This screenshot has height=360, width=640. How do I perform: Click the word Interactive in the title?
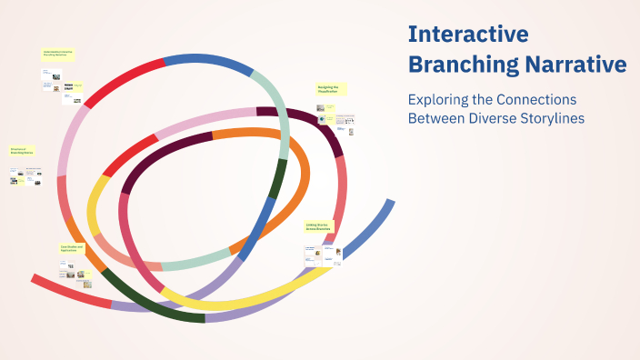pyautogui.click(x=468, y=35)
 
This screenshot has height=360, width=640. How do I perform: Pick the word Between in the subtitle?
pyautogui.click(x=435, y=117)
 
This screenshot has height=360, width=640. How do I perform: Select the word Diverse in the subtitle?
pyautogui.click(x=492, y=117)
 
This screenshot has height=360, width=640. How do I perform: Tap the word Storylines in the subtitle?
pyautogui.click(x=551, y=117)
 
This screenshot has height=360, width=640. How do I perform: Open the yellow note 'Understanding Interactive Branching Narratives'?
pyautogui.click(x=58, y=55)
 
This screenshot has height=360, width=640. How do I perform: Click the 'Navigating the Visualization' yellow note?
pyautogui.click(x=329, y=89)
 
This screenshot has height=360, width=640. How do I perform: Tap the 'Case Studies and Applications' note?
pyautogui.click(x=72, y=248)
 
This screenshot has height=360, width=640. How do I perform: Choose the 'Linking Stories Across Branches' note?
pyautogui.click(x=319, y=226)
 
